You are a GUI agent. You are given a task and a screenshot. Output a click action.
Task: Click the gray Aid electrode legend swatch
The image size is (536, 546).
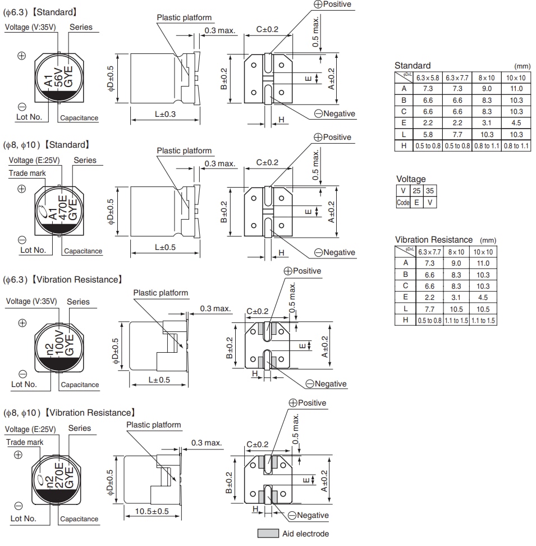(268, 533)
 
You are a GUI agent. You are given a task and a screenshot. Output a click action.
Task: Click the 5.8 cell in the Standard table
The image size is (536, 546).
(428, 135)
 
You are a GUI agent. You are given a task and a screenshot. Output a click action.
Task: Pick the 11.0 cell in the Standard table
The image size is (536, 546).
(516, 89)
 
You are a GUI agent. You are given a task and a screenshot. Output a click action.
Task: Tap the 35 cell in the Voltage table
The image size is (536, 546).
(429, 191)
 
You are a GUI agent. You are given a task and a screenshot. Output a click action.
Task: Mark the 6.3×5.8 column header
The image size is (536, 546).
(428, 78)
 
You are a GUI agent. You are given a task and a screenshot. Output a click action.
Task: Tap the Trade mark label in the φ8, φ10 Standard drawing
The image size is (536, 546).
(27, 174)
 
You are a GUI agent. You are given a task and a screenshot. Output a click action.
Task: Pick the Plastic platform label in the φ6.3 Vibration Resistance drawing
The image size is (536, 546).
(161, 293)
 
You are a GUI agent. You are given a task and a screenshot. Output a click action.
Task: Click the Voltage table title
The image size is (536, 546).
(411, 179)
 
